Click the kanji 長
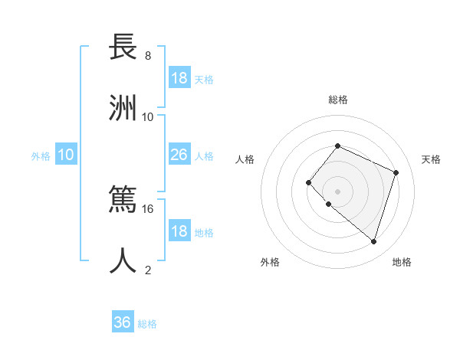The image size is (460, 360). pos(123,47)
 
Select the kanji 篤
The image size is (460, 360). pos(123,199)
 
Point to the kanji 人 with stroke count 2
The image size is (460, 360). pos(123,260)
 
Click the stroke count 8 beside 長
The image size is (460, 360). pos(148,56)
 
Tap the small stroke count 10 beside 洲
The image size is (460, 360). pos(148,116)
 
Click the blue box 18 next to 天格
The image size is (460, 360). pos(179,78)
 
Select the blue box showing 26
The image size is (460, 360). pos(179,155)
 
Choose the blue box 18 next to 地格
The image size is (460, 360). pos(179,231)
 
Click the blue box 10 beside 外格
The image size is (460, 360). pos(66,155)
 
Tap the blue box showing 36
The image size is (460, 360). pos(123,322)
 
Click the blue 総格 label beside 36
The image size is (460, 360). pos(147,324)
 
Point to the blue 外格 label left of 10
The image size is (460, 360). pos(41,156)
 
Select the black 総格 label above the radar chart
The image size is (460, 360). pos(337,100)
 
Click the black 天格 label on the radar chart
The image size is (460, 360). pos(431,159)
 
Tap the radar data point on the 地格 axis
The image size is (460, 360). pos(374,242)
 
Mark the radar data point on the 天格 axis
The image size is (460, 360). pos(396,172)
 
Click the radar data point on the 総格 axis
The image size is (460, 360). pos(337,146)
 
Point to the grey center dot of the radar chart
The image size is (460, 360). pos(337,191)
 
